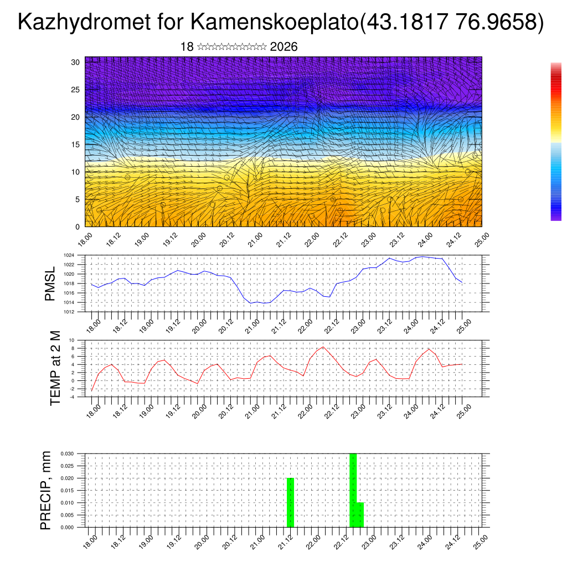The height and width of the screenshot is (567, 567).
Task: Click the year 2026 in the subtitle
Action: (283, 47)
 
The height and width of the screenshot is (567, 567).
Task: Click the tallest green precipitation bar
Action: (353, 490)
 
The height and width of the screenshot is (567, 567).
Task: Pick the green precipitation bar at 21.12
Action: (290, 502)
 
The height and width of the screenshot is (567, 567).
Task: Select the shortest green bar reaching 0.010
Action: (360, 514)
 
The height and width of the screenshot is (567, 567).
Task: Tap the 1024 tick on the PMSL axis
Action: (69, 255)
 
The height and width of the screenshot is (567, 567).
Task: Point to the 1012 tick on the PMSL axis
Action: (69, 312)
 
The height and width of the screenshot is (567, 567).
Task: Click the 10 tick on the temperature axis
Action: (71, 340)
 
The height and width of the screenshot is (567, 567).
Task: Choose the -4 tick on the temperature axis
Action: (71, 396)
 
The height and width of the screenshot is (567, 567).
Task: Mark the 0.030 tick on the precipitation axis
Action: (66, 453)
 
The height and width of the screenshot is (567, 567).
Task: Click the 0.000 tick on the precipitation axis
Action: (66, 527)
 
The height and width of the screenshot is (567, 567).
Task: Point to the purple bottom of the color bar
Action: (556, 218)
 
